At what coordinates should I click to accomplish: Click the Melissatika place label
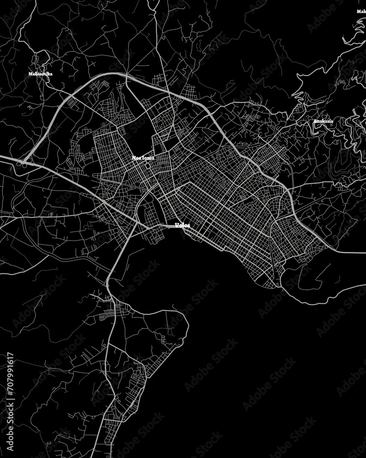tap(40, 73)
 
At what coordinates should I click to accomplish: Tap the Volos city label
tap(182, 225)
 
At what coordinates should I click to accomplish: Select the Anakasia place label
tap(323, 121)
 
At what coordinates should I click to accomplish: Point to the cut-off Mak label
tap(361, 11)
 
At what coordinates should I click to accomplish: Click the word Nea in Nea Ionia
tap(136, 158)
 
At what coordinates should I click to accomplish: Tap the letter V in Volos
tap(177, 225)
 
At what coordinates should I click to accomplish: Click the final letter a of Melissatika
tap(50, 73)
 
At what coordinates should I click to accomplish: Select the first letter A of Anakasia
tap(315, 121)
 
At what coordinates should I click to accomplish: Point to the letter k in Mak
tap(364, 11)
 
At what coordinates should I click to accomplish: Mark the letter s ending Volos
tap(188, 225)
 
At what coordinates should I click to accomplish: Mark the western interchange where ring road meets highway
tap(20, 162)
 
